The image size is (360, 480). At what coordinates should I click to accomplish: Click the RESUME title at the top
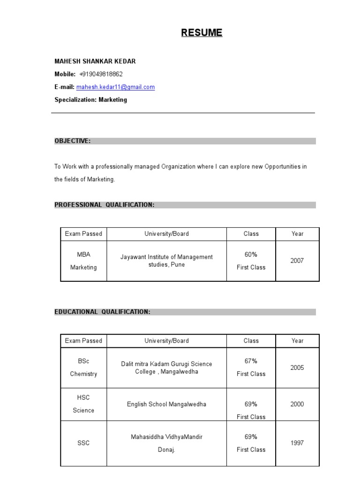[x=202, y=33]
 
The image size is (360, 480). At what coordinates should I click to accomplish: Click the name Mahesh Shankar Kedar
[x=95, y=61]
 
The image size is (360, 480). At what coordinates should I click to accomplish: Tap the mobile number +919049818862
[x=101, y=74]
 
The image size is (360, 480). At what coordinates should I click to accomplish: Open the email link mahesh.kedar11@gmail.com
[x=115, y=87]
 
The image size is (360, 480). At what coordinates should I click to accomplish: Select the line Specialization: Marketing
[x=90, y=100]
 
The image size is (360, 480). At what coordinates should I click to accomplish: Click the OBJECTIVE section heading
[x=73, y=141]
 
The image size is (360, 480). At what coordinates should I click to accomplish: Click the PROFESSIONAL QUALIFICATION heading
[x=105, y=205]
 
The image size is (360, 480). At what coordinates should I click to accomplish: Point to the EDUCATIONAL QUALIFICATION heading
[x=103, y=312]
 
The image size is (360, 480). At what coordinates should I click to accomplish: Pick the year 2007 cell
[x=297, y=261]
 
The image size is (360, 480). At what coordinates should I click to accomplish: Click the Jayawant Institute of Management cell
[x=166, y=261]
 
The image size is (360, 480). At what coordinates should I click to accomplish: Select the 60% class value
[x=251, y=255]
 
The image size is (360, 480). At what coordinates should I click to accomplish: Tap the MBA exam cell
[x=83, y=255]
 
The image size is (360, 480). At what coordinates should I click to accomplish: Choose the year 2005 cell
[x=297, y=367]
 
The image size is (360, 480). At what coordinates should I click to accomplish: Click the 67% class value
[x=251, y=361]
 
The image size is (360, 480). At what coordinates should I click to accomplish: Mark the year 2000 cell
[x=297, y=404]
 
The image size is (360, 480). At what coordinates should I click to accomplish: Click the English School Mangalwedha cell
[x=166, y=404]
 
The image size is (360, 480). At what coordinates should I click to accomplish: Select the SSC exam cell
[x=83, y=443]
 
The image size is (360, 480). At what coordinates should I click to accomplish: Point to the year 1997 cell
[x=297, y=443]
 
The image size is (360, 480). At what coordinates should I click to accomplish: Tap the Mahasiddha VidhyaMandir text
[x=166, y=437]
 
